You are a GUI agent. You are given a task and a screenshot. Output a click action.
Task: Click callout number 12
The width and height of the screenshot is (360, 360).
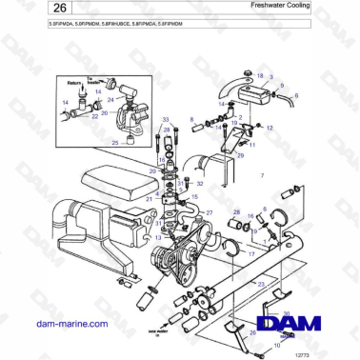270,128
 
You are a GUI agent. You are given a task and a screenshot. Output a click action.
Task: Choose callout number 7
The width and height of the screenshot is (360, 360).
262,177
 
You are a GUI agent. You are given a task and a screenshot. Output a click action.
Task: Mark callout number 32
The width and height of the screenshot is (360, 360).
199,183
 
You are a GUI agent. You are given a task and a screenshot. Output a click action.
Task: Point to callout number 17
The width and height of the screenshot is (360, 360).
251,254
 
